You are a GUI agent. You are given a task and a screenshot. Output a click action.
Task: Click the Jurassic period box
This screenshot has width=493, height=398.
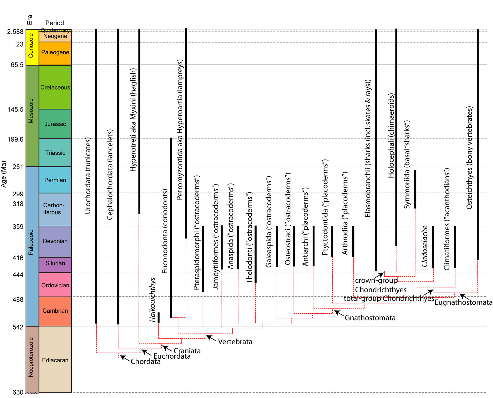55,124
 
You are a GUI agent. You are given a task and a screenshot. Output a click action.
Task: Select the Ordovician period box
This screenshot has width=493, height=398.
55,285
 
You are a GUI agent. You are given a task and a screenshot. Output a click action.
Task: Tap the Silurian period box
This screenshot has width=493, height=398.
55,263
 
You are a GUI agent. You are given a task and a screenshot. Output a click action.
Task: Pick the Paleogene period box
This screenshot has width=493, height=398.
55,53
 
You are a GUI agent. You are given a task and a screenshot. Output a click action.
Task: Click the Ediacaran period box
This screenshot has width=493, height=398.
55,360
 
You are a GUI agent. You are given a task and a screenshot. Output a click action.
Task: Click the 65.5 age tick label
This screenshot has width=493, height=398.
17,65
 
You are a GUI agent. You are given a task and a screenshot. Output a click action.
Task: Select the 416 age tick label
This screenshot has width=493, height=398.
18,258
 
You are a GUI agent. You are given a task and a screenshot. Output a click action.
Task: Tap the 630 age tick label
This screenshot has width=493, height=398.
18,392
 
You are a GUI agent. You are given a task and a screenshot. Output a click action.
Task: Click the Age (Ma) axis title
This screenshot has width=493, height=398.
4,174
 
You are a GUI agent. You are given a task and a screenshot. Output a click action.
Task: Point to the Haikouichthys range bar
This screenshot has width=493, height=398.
158,318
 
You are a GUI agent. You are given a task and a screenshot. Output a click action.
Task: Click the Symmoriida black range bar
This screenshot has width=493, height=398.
415,189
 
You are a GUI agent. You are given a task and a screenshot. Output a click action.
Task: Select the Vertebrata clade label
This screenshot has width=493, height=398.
235,342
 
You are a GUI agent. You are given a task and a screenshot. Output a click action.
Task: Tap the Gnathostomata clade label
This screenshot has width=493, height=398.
370,318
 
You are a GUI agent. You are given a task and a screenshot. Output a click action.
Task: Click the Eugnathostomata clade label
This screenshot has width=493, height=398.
463,302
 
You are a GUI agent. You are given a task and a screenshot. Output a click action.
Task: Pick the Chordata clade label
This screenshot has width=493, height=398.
145,361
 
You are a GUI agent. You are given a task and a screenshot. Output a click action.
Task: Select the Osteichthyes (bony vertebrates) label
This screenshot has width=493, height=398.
469,158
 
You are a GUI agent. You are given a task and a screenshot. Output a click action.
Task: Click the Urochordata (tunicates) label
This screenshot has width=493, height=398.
88,175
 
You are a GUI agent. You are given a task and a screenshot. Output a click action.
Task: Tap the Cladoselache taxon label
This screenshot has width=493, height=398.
425,246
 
